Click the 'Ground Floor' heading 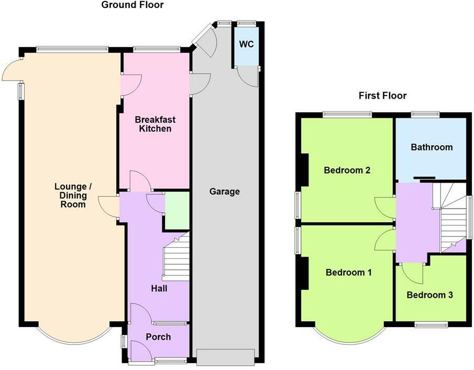tap(132, 5)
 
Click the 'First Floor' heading tap(382, 95)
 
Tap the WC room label tap(246, 44)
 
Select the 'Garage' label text tap(225, 191)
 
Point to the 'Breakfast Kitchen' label tap(155, 123)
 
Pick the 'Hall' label tap(159, 288)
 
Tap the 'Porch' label tap(158, 336)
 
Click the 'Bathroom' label tap(432, 147)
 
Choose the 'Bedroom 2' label tap(347, 170)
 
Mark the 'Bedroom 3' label tap(430, 295)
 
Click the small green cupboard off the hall tap(177, 211)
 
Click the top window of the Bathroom tap(425, 114)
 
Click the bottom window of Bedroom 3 tap(431, 325)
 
